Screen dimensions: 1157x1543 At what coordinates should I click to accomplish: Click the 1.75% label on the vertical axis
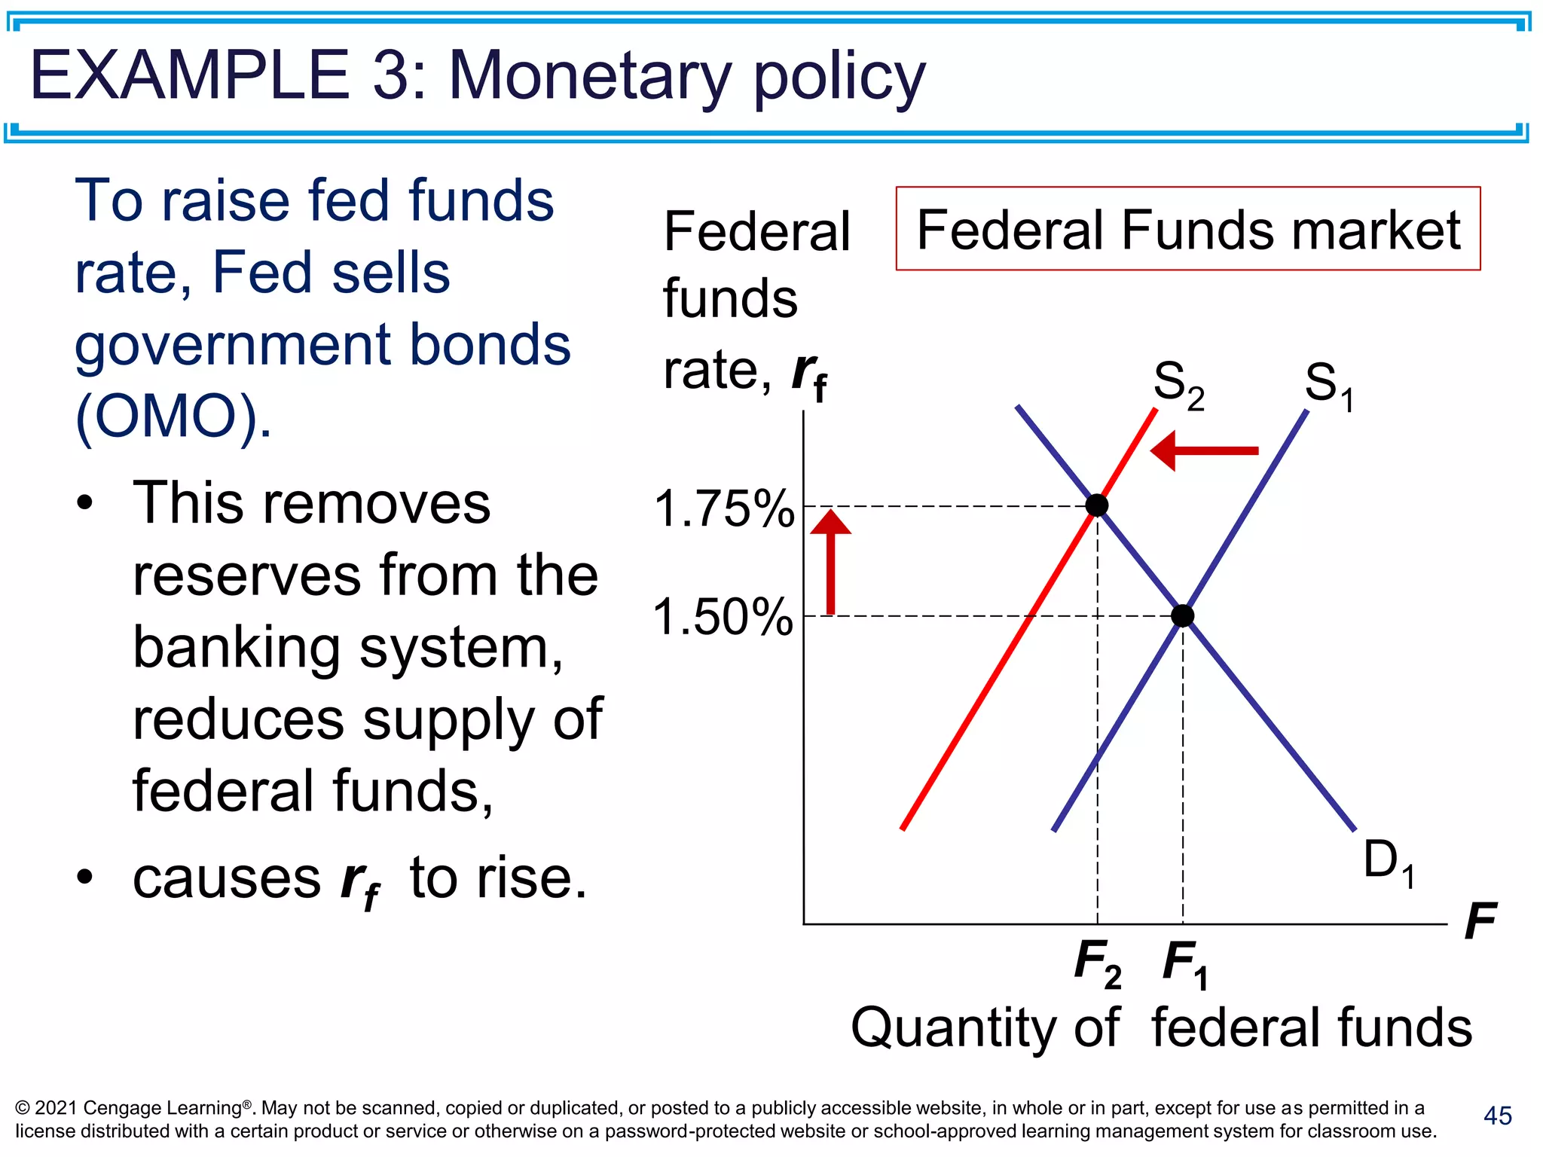click(x=724, y=508)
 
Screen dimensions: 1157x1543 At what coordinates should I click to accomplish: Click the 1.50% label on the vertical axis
click(x=723, y=617)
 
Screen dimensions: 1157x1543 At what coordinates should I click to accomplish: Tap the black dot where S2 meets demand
click(x=1097, y=505)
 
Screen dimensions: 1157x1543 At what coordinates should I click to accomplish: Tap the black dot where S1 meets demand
click(x=1183, y=616)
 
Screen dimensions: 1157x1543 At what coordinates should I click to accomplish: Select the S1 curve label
click(x=1328, y=386)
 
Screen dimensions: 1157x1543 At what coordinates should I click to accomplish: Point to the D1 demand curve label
click(x=1388, y=862)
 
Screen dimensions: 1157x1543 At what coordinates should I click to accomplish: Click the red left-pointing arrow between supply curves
click(x=1204, y=451)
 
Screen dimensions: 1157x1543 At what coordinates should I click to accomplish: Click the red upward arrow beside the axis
click(x=830, y=561)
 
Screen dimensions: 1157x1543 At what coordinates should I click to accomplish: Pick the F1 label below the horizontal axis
click(x=1185, y=964)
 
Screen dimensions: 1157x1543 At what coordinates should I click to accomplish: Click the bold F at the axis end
click(x=1480, y=920)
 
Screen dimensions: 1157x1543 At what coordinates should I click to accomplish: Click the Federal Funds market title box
click(x=1187, y=229)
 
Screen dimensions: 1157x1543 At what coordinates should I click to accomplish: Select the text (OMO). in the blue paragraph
click(x=173, y=416)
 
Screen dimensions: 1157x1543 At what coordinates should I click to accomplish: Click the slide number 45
click(x=1497, y=1116)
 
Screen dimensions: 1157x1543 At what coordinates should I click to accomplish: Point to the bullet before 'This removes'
click(x=85, y=502)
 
